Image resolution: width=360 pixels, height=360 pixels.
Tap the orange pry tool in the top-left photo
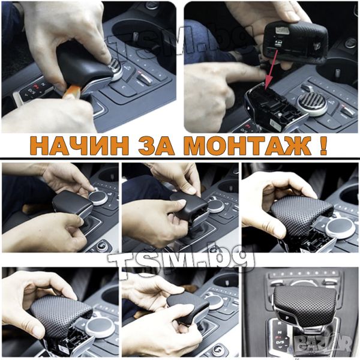(x=71, y=91)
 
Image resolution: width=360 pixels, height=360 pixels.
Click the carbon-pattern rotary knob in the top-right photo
(x=313, y=104)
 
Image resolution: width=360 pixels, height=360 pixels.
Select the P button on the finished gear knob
(x=287, y=317)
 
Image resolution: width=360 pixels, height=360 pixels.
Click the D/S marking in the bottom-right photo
(x=280, y=343)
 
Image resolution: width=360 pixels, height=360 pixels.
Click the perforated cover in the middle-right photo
(x=301, y=216)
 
